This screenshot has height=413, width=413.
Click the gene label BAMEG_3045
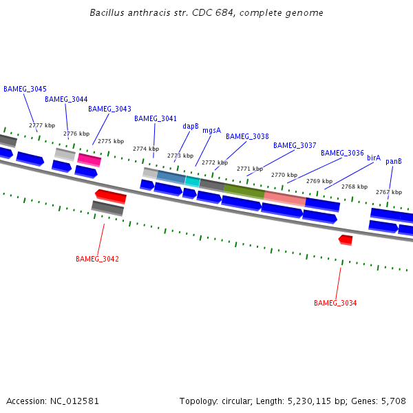pyautogui.click(x=25, y=89)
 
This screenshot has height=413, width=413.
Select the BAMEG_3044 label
pyautogui.click(x=66, y=100)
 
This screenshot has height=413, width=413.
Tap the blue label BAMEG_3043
pyautogui.click(x=109, y=109)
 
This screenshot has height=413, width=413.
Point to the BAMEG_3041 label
pyautogui.click(x=156, y=119)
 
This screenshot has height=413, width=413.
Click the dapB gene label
pyautogui.click(x=191, y=127)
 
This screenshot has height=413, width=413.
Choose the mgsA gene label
pyautogui.click(x=212, y=131)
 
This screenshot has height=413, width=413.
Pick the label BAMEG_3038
pyautogui.click(x=247, y=137)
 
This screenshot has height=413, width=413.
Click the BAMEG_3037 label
pyautogui.click(x=295, y=146)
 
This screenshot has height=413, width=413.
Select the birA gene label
pyautogui.click(x=374, y=158)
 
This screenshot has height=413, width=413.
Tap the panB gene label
pyautogui.click(x=394, y=162)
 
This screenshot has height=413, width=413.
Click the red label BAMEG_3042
pyautogui.click(x=97, y=260)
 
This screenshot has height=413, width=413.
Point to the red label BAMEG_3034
pyautogui.click(x=335, y=304)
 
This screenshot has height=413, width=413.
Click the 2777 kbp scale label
pyautogui.click(x=41, y=126)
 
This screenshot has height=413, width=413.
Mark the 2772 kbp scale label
pyautogui.click(x=214, y=163)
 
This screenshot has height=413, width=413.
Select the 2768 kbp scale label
pyautogui.click(x=354, y=187)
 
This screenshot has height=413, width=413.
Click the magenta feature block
pyautogui.click(x=89, y=160)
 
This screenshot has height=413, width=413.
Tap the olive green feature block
pyautogui.click(x=244, y=191)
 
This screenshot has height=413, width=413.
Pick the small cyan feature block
pyautogui.click(x=193, y=182)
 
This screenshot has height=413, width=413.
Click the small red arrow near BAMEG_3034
pyautogui.click(x=346, y=240)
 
